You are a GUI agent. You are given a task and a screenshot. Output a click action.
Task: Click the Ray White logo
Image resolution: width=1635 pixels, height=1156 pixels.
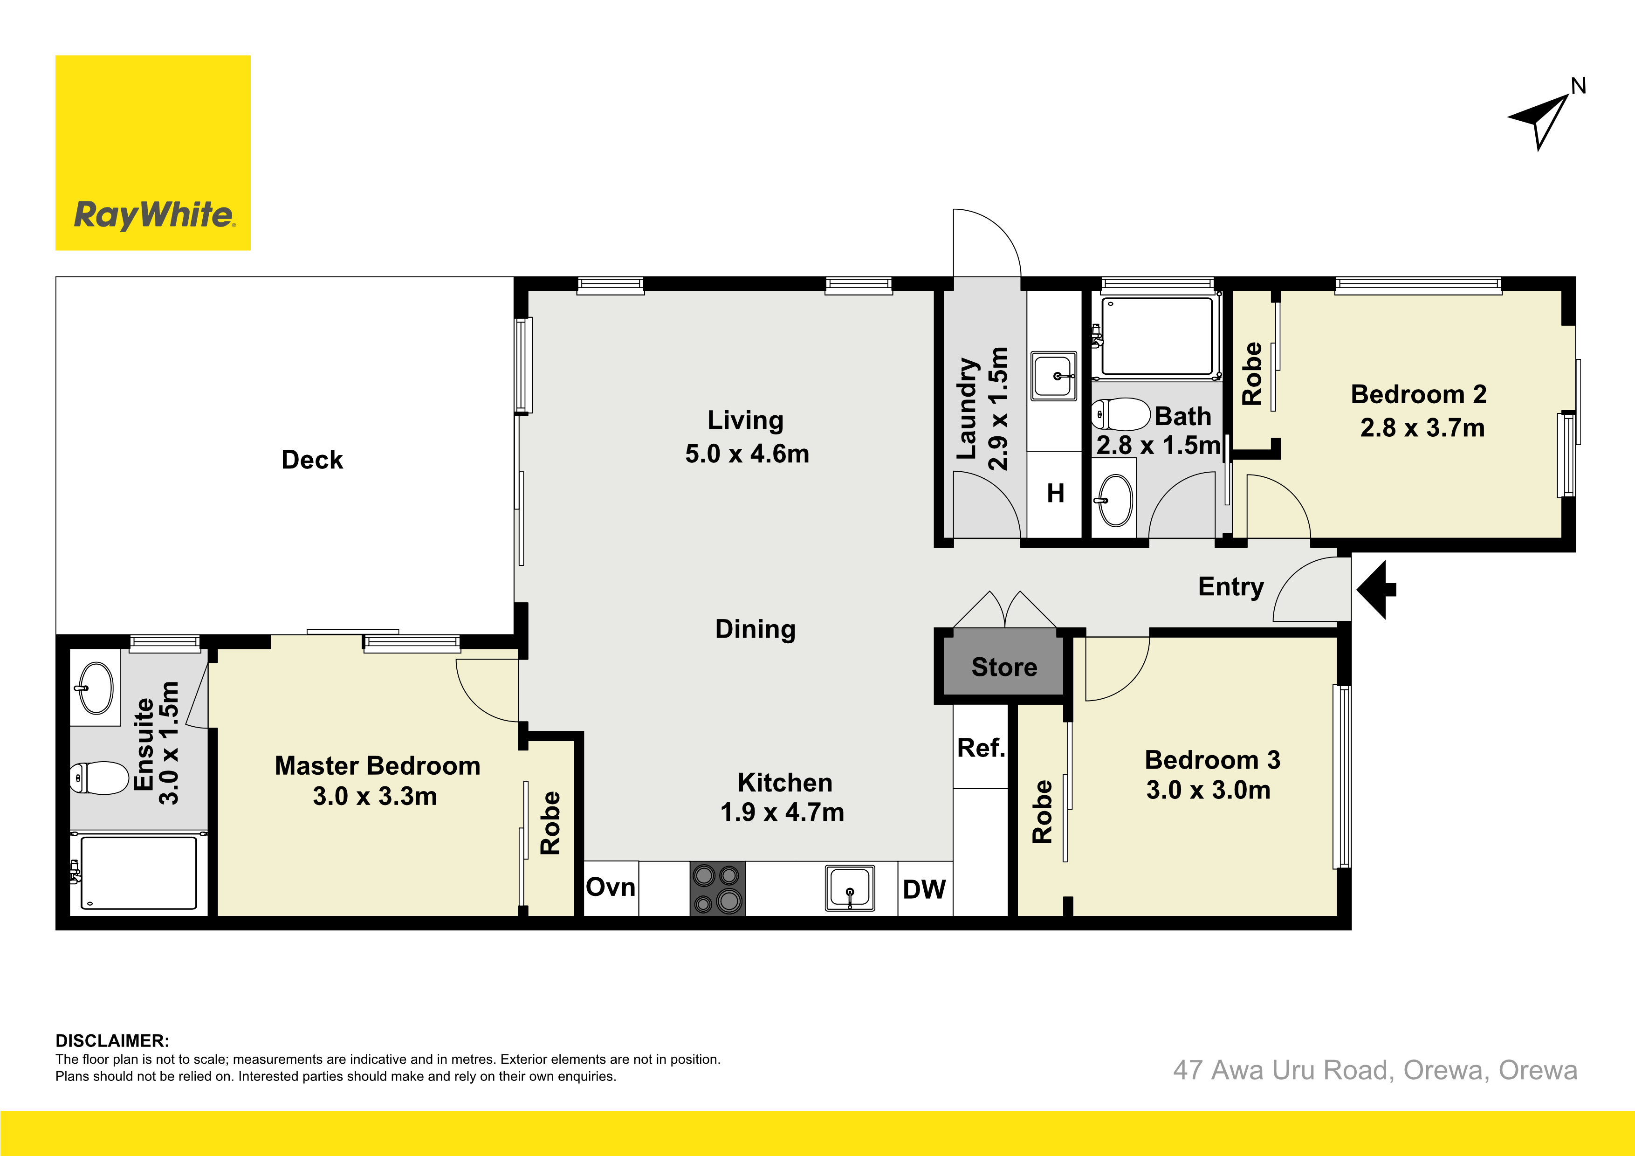[153, 153]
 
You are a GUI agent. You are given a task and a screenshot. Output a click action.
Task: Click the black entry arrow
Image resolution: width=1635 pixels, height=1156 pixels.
[1376, 590]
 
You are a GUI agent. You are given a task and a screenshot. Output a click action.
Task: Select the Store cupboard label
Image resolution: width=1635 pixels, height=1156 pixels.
[1004, 667]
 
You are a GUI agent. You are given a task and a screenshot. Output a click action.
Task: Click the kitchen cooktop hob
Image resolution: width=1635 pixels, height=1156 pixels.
[717, 888]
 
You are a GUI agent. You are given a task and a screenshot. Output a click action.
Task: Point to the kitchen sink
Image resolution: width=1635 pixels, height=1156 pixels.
[850, 888]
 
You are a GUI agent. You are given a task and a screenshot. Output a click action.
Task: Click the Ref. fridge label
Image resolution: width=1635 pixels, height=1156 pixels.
[981, 748]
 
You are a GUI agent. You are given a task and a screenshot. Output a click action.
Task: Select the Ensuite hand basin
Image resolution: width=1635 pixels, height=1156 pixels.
[96, 688]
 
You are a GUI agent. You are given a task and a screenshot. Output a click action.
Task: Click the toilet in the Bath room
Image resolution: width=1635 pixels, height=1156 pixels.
[1120, 414]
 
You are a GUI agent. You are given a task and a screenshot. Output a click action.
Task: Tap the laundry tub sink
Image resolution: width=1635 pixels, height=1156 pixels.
[1054, 375]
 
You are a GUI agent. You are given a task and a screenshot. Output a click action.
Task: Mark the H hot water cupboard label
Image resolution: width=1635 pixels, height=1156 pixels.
[1055, 493]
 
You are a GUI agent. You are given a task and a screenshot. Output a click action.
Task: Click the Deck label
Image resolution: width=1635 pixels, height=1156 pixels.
[312, 460]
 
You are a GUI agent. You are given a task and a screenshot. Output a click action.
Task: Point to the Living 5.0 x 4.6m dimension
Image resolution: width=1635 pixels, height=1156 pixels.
[747, 454]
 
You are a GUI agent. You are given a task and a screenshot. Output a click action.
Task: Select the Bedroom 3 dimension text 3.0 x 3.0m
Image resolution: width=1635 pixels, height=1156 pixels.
[1209, 790]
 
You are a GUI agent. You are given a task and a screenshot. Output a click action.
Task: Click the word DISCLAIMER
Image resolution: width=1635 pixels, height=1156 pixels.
[112, 1040]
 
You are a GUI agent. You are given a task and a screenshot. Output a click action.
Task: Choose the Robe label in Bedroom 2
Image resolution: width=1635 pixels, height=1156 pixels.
[1252, 374]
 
